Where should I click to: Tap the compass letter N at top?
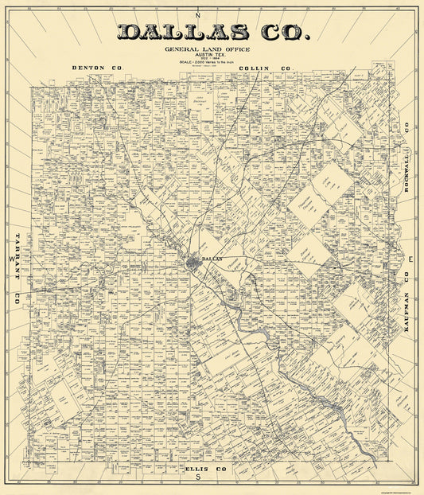click(x=200, y=17)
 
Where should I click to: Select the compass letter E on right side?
click(x=410, y=260)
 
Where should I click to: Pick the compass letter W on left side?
click(x=11, y=260)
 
